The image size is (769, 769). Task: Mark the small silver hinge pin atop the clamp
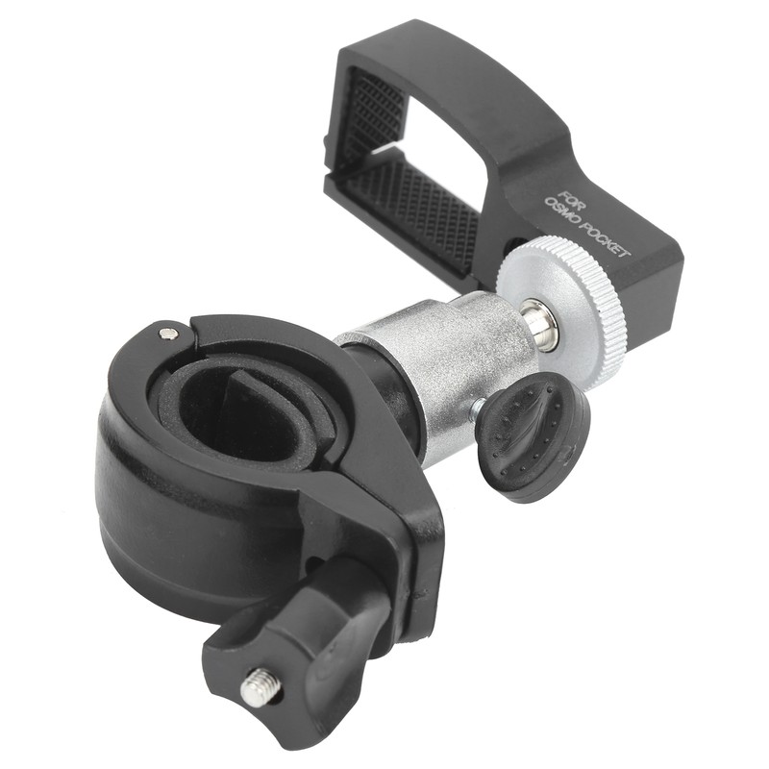(x=169, y=334)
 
